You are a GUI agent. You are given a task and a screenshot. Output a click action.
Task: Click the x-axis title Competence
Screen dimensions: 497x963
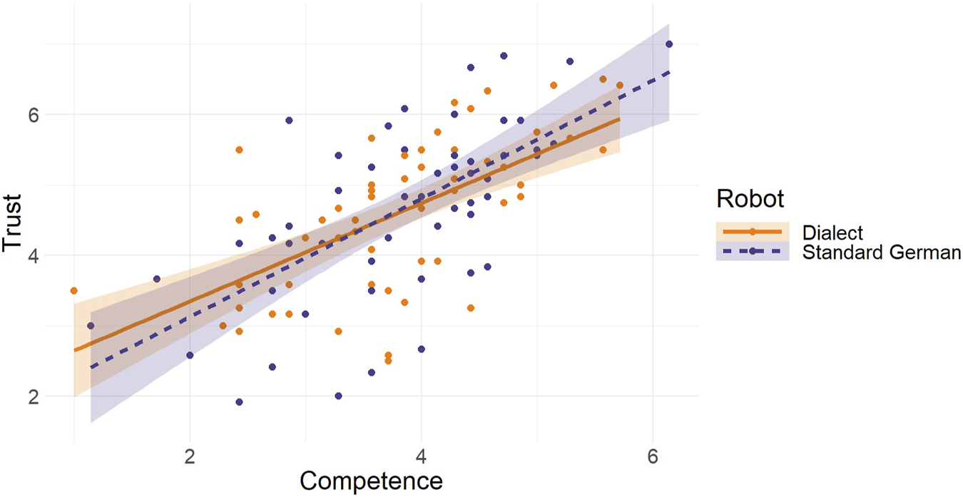[371, 480]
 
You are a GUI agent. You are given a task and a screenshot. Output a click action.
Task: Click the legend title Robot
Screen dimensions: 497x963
[750, 198]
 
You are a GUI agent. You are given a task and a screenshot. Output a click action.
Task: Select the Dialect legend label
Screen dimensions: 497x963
[832, 232]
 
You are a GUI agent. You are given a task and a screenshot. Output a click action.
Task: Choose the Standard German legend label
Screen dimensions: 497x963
[882, 252]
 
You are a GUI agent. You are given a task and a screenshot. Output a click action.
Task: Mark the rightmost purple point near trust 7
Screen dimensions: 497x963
[669, 44]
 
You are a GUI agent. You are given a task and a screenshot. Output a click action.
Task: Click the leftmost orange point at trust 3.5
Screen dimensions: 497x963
[73, 290]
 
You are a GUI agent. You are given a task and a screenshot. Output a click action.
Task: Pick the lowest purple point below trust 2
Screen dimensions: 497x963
[239, 402]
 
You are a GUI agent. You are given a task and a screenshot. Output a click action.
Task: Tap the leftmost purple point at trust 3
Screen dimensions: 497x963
[91, 326]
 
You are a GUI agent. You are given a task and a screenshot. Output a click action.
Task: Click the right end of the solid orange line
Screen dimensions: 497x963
[619, 119]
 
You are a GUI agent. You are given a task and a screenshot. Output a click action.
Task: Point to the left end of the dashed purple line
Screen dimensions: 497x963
[91, 368]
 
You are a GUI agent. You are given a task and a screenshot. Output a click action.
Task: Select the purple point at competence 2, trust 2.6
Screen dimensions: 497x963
[190, 355]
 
